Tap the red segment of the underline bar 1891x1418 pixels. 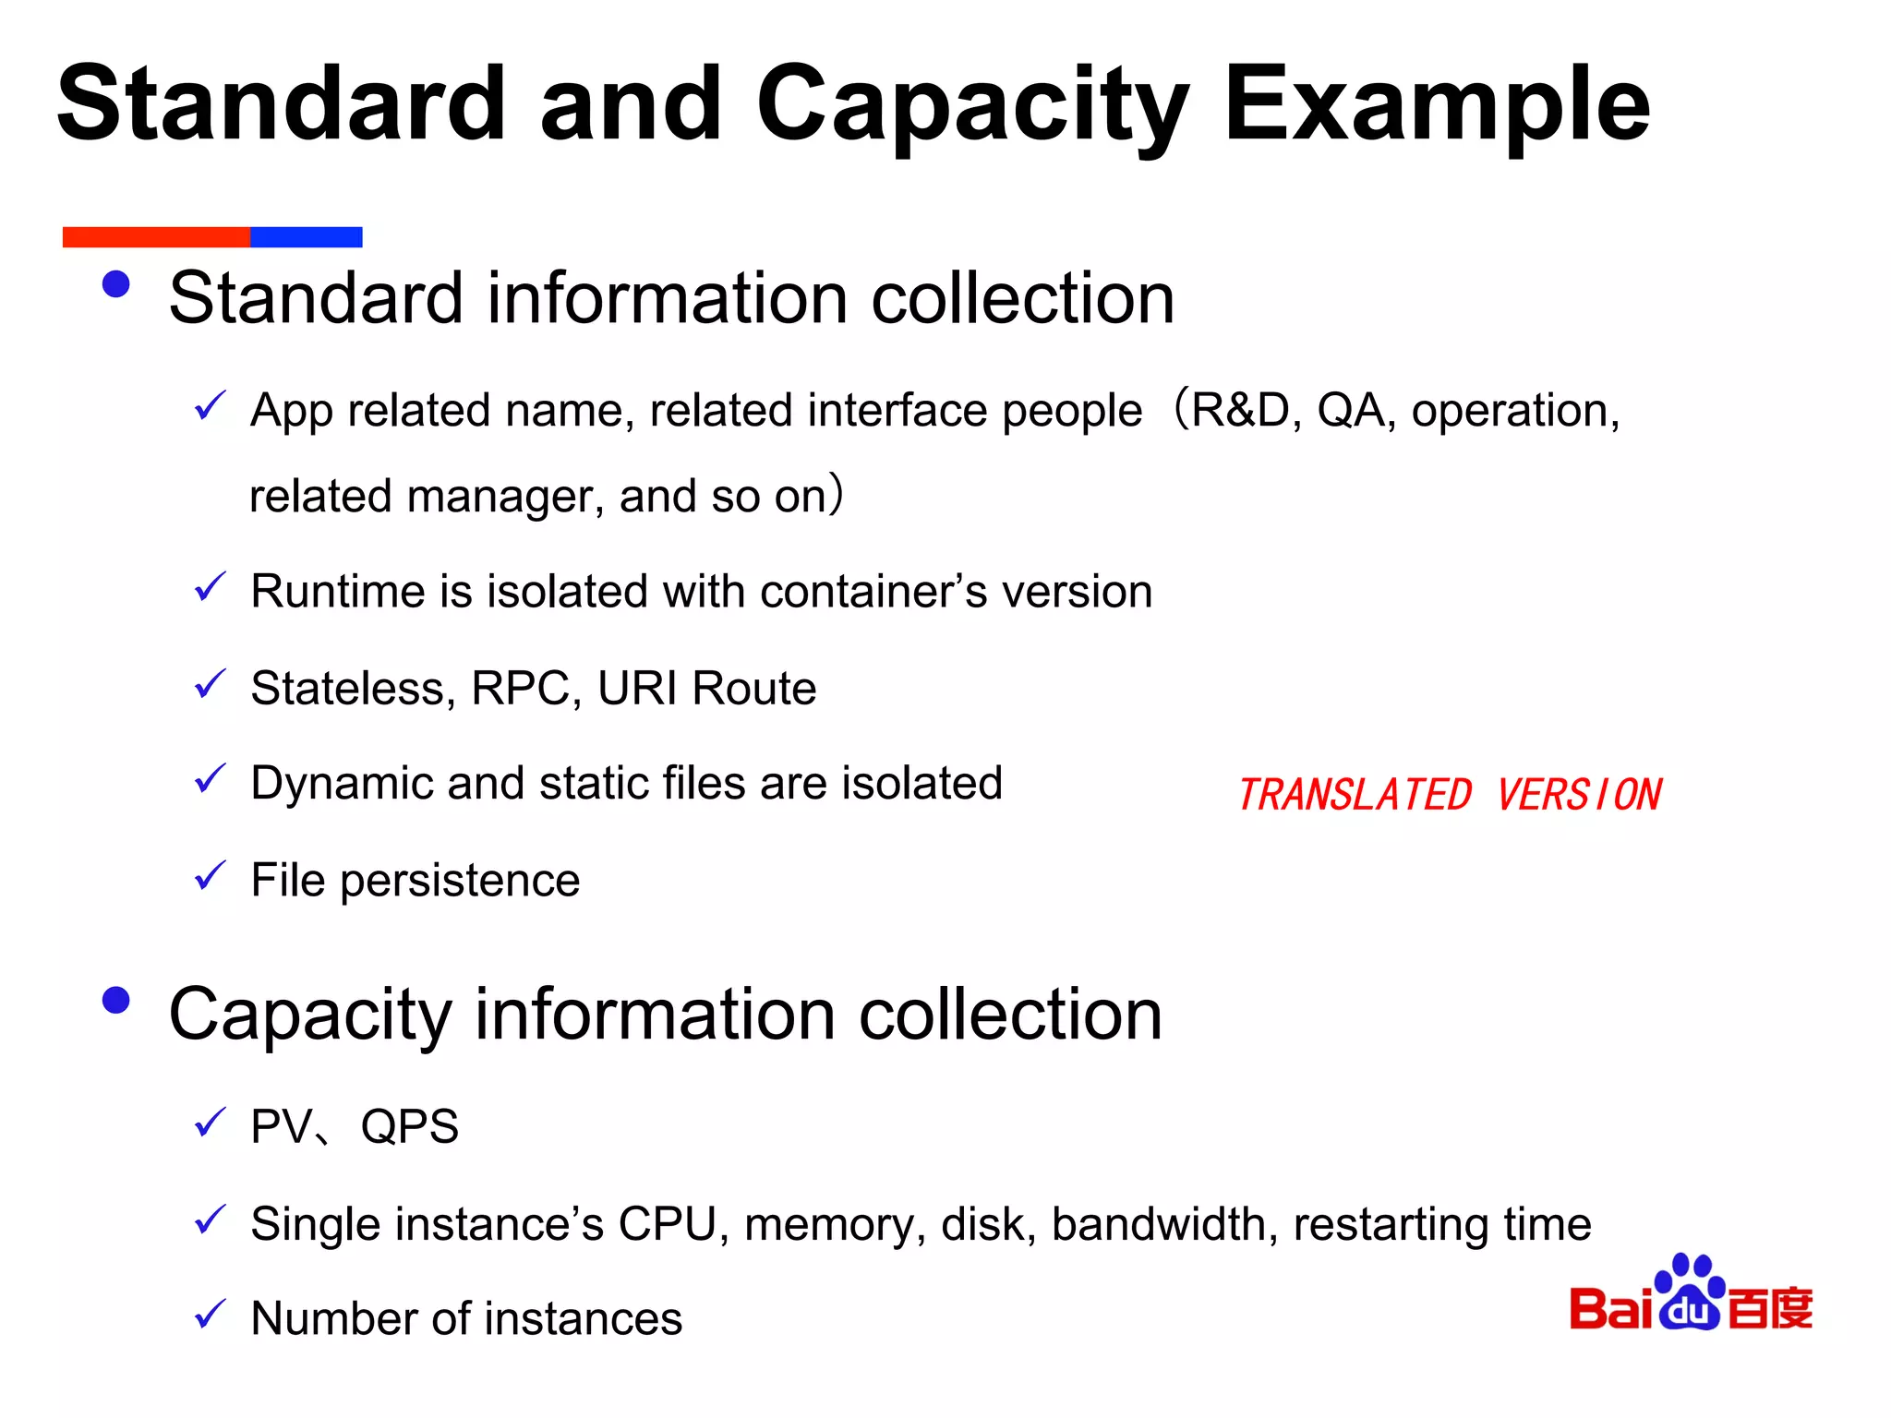coord(156,237)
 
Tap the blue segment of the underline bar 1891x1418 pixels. coord(306,237)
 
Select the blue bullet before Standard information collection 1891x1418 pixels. coord(116,284)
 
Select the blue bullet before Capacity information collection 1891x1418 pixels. coord(116,1000)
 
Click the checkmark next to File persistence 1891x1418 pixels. coord(211,876)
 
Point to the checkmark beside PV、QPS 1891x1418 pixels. coord(211,1123)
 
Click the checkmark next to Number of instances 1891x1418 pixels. coord(211,1314)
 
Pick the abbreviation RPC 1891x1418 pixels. coord(520,689)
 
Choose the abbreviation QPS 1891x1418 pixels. coord(409,1127)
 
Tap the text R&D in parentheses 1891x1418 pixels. coord(1240,411)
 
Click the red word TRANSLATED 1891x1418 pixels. coord(1355,795)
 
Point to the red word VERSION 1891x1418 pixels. coord(1579,795)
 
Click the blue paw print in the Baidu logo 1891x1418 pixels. coord(1690,1292)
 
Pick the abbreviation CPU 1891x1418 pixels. coord(667,1225)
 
